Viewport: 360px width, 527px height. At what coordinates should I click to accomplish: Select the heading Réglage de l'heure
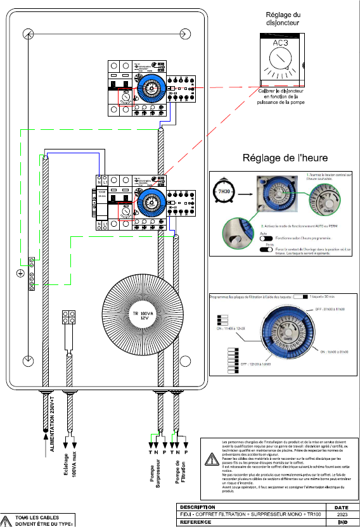click(286, 158)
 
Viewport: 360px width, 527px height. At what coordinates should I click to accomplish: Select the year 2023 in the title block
click(342, 515)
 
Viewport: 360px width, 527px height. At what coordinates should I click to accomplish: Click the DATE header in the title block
click(342, 507)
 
